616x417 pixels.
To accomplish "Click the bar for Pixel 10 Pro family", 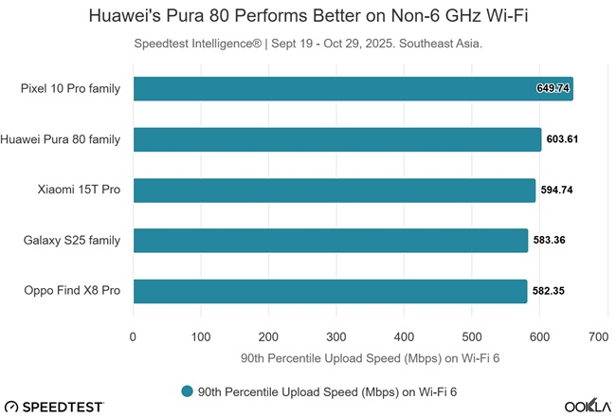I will click(x=353, y=89).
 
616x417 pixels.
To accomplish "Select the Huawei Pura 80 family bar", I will click(x=336, y=139).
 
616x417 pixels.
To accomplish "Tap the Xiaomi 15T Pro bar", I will click(x=334, y=190).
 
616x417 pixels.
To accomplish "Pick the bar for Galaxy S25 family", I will click(x=330, y=240).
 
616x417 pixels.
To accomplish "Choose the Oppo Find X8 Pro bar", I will click(x=330, y=290).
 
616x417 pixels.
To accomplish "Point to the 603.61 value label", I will click(x=563, y=139).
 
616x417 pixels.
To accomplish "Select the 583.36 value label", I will click(x=550, y=240).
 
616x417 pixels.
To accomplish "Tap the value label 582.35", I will click(x=549, y=290).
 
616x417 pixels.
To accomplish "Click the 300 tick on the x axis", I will click(x=335, y=335).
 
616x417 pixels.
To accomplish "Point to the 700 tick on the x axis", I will click(x=597, y=335).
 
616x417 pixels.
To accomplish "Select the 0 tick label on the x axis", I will click(x=134, y=335).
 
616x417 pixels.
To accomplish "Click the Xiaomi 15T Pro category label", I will click(x=78, y=190).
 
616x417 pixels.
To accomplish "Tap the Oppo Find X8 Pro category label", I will click(x=72, y=290).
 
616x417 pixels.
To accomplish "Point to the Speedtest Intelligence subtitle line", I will click(x=309, y=43).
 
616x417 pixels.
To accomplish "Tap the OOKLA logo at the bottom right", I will click(x=588, y=406).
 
